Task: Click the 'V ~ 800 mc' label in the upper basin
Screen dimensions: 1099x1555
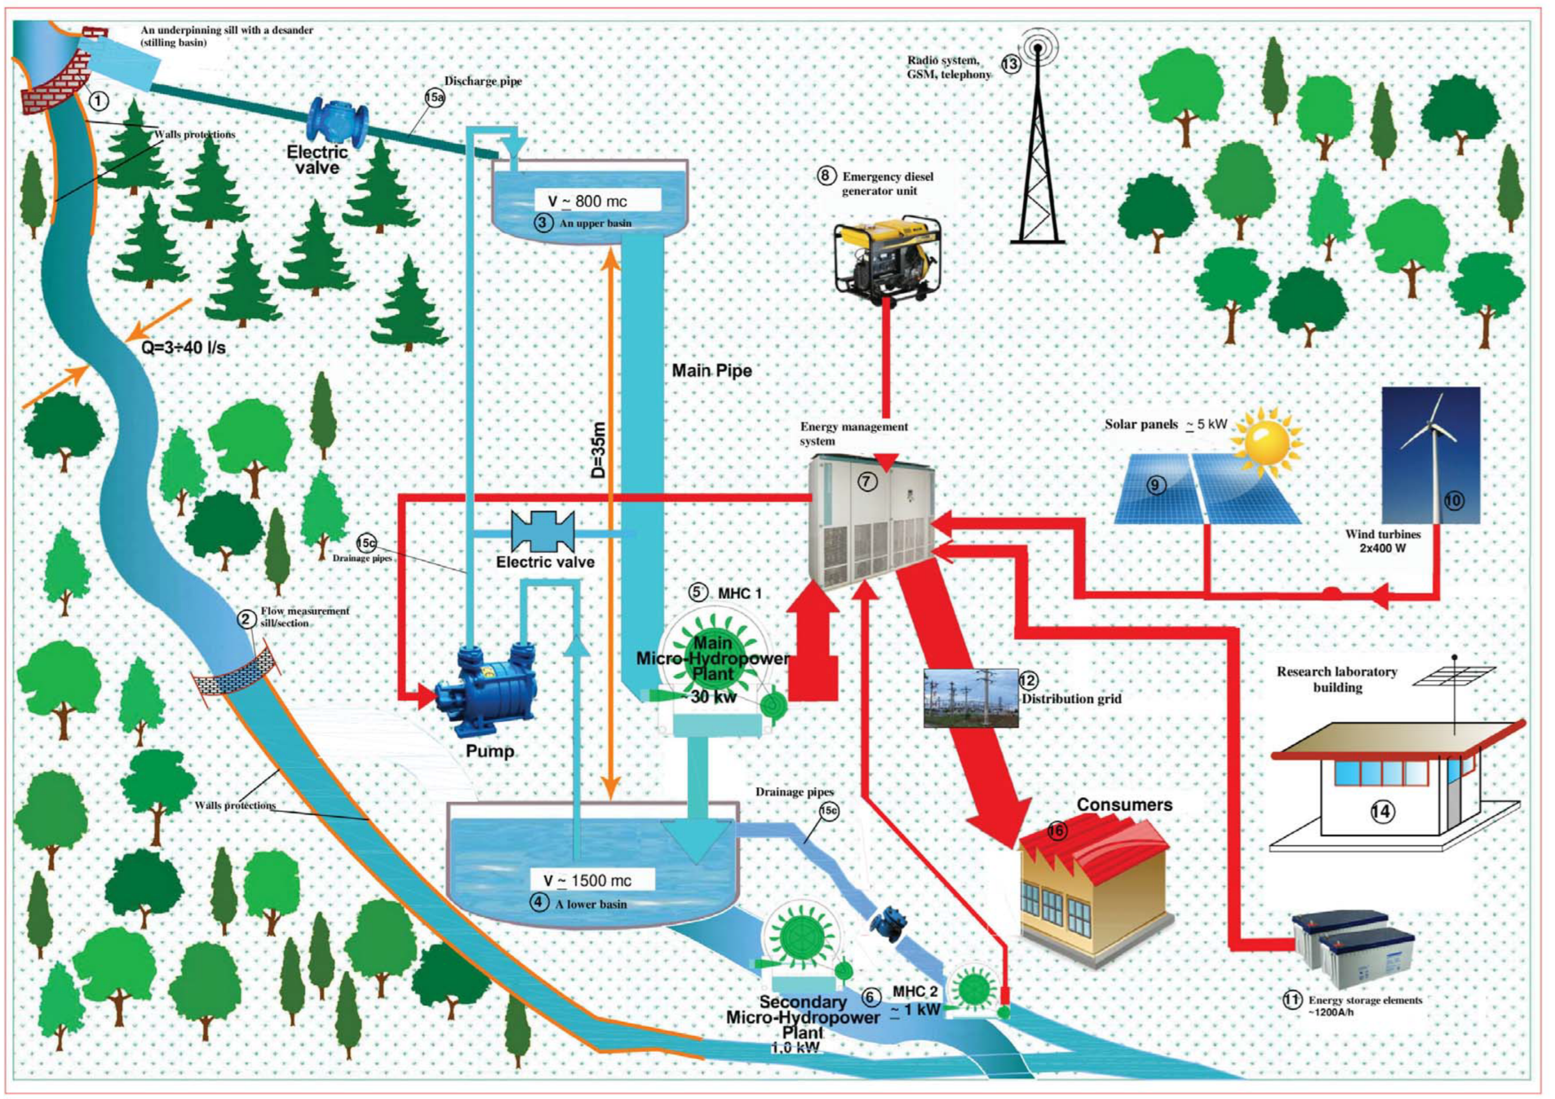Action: coord(587,200)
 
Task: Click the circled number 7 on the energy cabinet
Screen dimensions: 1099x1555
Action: coord(868,481)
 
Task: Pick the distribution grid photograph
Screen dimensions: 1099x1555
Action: coord(971,699)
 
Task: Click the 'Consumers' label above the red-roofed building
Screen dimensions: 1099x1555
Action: coord(1124,805)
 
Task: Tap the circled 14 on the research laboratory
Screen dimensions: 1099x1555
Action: coord(1382,811)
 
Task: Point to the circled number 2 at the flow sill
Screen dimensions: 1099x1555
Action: coord(247,618)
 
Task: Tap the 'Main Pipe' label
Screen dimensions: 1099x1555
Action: coord(711,371)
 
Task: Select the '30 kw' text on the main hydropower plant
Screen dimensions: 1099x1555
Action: coord(713,697)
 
